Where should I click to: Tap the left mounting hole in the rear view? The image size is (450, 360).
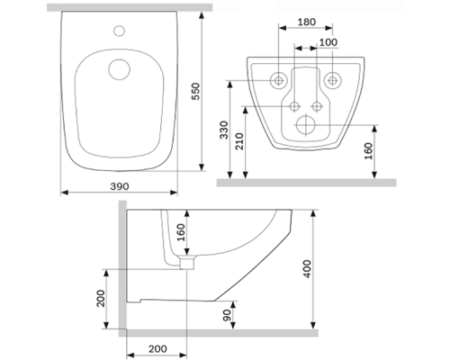(x=280, y=79)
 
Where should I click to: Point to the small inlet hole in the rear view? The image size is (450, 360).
(x=296, y=104)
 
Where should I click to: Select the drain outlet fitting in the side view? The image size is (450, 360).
(x=188, y=264)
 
